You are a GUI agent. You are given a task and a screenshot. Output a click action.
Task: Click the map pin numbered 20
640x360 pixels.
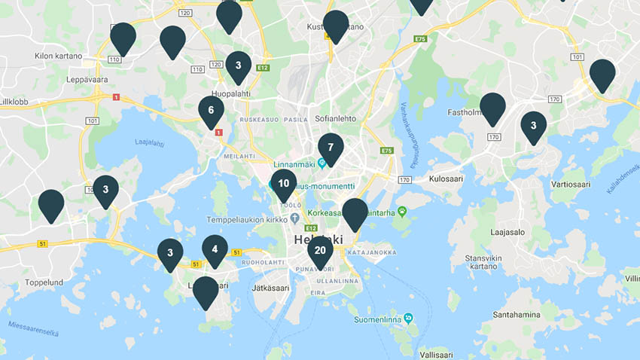point(320,251)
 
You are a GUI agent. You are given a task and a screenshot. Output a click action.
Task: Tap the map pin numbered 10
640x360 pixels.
point(283,183)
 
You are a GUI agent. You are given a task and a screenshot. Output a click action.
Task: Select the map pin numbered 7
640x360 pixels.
point(331,148)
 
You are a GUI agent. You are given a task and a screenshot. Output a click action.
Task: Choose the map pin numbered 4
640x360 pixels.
point(215,249)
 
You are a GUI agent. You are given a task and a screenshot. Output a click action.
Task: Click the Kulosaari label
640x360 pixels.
point(446,180)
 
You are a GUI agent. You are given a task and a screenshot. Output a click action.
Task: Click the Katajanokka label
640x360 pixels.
point(373,252)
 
